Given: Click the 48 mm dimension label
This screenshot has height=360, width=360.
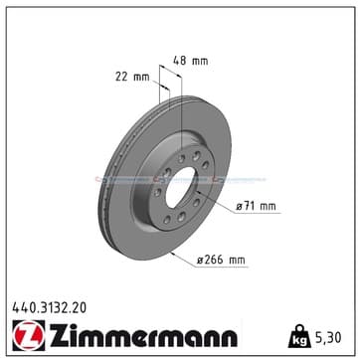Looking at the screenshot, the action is click(x=191, y=61).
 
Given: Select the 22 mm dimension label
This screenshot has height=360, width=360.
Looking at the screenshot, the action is click(x=132, y=77).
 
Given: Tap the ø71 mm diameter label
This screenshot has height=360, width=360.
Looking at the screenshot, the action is click(x=256, y=206).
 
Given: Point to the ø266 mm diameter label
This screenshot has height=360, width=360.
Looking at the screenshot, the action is click(x=221, y=260).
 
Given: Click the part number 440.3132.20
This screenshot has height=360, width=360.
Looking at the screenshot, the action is click(x=49, y=308).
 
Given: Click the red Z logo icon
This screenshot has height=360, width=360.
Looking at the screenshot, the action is click(x=29, y=335).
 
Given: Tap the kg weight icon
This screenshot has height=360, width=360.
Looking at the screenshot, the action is click(x=299, y=336).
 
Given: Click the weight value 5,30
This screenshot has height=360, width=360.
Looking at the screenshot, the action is click(x=327, y=338).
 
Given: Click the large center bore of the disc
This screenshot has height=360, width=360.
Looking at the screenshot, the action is click(x=181, y=187).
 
